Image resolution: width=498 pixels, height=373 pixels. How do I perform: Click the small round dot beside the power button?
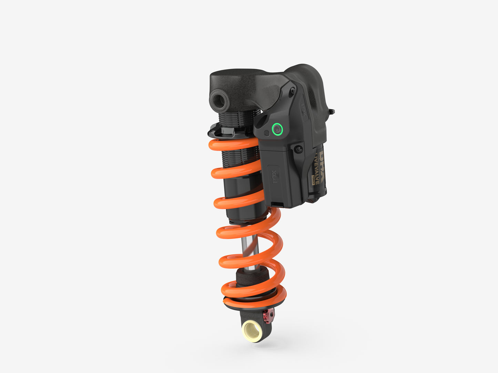point(266,133)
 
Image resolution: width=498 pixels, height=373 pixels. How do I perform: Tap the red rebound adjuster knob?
point(266,316)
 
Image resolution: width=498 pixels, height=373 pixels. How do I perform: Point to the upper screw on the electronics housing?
point(292,91)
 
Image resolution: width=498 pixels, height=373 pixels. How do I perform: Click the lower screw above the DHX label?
point(299,149)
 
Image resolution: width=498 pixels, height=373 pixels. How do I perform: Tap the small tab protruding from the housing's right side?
point(332,111)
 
